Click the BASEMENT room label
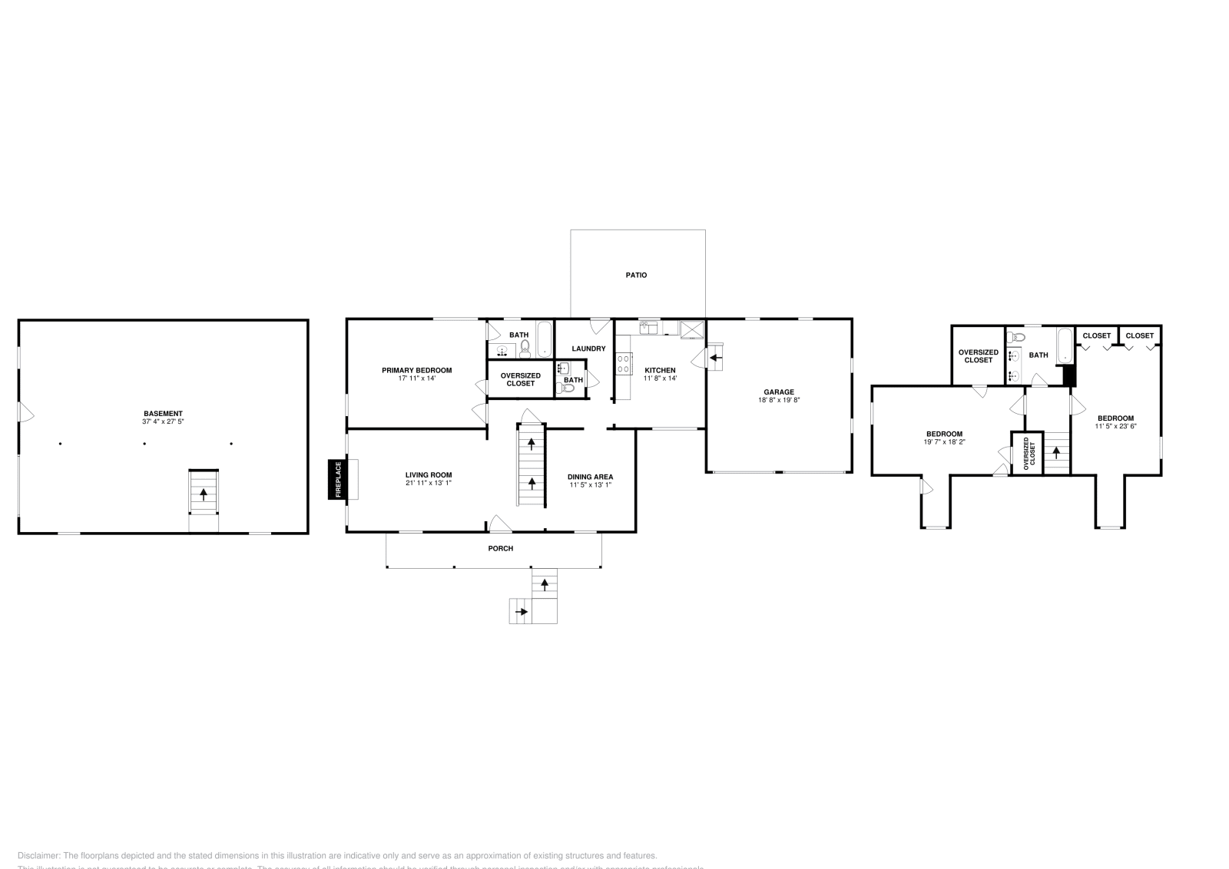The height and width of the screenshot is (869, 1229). click(x=163, y=413)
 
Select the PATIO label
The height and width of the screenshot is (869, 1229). click(x=636, y=275)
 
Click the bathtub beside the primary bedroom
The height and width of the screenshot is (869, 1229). click(x=544, y=339)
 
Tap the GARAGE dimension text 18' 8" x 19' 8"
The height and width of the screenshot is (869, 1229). click(x=779, y=400)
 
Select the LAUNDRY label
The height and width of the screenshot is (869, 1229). click(x=588, y=349)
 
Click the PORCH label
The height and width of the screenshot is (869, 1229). click(x=500, y=548)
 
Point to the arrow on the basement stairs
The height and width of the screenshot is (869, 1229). click(x=204, y=494)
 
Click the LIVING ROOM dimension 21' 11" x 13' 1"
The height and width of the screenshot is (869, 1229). click(x=429, y=484)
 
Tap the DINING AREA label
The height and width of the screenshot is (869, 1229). click(x=590, y=477)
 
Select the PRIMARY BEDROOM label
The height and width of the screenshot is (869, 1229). click(x=416, y=370)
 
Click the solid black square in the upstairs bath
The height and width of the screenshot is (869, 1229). click(x=1068, y=375)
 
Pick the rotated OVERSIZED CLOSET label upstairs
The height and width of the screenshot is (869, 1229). click(x=1026, y=454)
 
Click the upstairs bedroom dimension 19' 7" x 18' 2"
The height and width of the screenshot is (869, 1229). click(x=944, y=442)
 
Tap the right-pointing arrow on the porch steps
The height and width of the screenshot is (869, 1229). click(x=522, y=612)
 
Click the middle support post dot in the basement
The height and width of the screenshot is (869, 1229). click(x=144, y=444)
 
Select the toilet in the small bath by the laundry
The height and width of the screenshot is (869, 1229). click(x=568, y=388)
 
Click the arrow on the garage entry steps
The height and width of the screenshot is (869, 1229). click(x=715, y=357)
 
